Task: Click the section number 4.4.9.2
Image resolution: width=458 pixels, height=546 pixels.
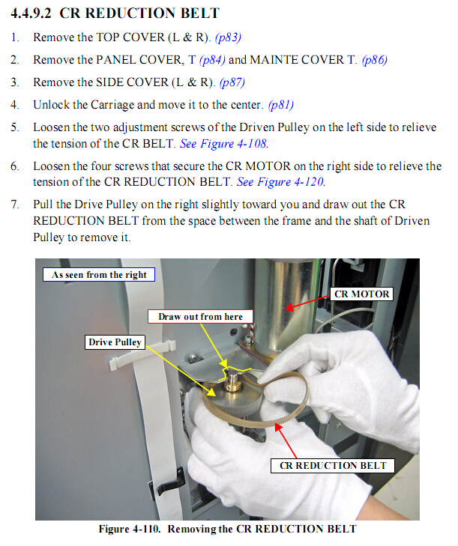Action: (x=31, y=13)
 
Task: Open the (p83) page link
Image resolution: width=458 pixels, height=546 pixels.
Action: (x=229, y=37)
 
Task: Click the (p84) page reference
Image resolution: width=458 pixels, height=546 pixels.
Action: (x=213, y=60)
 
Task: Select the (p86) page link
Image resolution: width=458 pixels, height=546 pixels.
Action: (x=375, y=60)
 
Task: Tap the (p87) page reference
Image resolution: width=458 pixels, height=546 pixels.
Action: (x=232, y=82)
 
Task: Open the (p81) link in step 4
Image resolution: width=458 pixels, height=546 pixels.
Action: (x=281, y=105)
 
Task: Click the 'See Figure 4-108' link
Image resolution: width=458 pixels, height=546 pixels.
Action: (x=224, y=144)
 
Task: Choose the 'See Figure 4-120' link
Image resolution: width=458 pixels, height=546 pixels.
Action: (x=281, y=182)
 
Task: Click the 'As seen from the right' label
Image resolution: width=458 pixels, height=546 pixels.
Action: (x=99, y=275)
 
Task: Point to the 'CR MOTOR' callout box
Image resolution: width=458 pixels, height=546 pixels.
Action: (x=362, y=294)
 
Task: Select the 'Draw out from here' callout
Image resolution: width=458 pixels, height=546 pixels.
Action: (x=200, y=317)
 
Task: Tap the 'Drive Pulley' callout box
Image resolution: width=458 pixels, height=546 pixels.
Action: (x=115, y=342)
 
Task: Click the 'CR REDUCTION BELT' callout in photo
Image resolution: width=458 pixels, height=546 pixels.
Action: (x=333, y=466)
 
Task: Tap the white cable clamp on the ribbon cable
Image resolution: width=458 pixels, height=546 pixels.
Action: (x=142, y=355)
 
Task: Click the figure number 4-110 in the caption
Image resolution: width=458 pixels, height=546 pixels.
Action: (x=147, y=529)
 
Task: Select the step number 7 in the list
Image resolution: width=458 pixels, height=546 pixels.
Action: (x=14, y=204)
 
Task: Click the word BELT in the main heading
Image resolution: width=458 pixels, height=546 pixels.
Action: (x=200, y=13)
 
